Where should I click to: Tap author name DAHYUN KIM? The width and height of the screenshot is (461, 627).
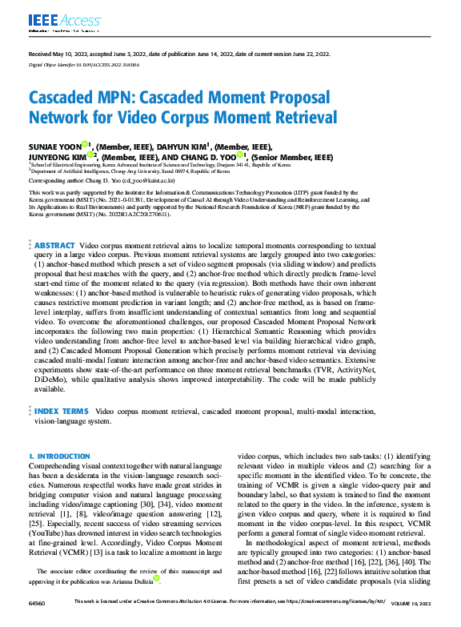[x=182, y=147]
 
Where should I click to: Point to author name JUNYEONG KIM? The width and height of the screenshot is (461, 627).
[x=56, y=158]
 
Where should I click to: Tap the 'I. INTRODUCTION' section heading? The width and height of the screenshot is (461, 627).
[x=59, y=456]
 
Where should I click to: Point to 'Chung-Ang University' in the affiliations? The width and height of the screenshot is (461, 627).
[x=126, y=171]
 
